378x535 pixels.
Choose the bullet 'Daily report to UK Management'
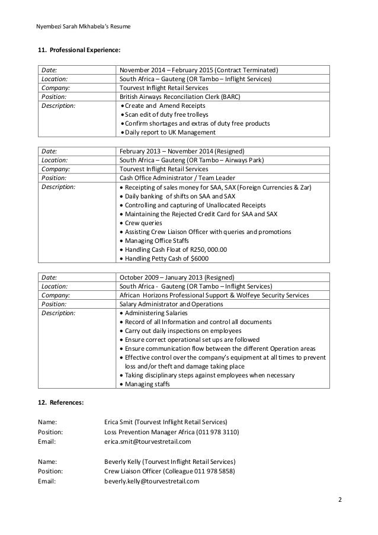pyautogui.click(x=168, y=132)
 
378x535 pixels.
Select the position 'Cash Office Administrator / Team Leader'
pyautogui.click(x=177, y=178)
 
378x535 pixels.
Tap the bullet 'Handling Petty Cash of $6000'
pyautogui.click(x=165, y=258)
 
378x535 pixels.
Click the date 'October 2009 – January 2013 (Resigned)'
pyautogui.click(x=177, y=277)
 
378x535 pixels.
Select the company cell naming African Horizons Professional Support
pyautogui.click(x=214, y=295)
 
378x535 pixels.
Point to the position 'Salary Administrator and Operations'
pyautogui.click(x=171, y=304)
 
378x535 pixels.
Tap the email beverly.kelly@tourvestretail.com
pyautogui.click(x=152, y=481)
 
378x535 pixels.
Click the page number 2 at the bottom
pyautogui.click(x=340, y=499)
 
